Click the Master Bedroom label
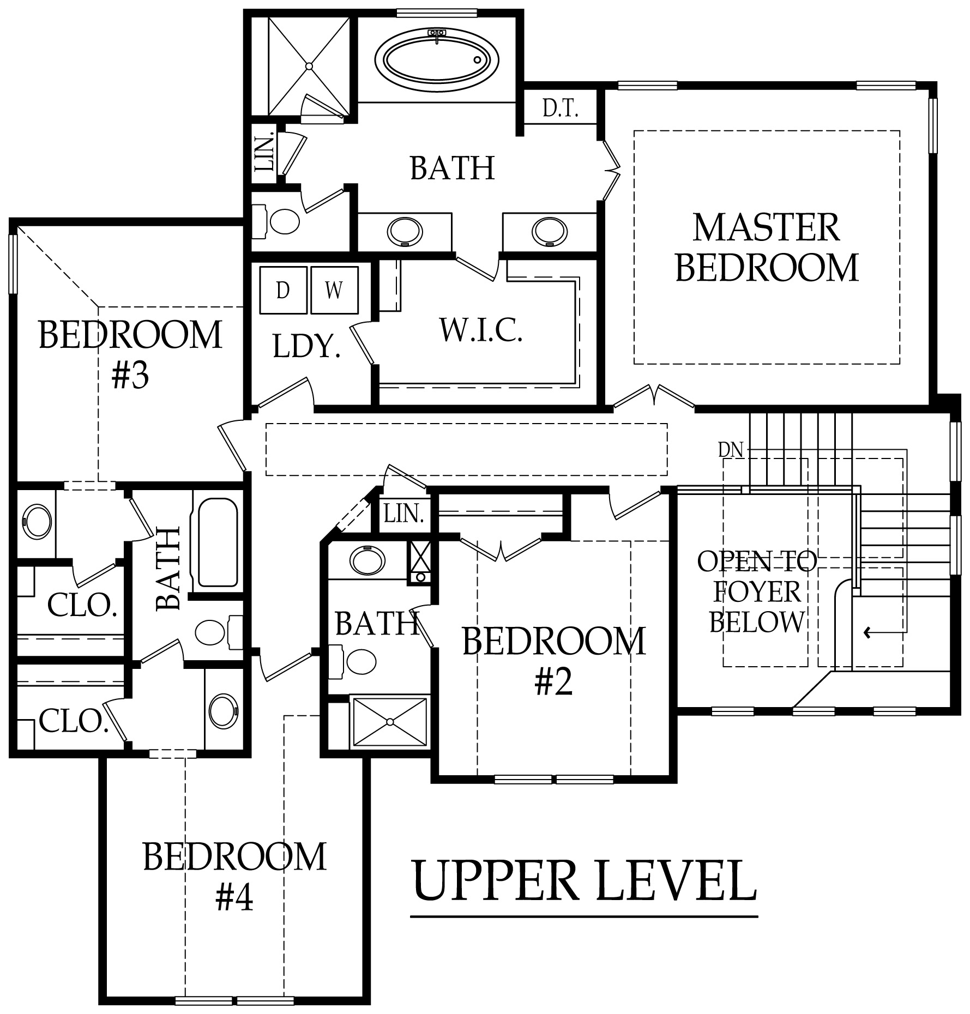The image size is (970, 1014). point(767,248)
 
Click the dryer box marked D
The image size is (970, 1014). point(282,290)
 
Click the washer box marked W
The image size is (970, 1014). point(334,290)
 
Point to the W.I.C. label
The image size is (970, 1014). point(481,330)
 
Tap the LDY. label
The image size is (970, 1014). point(306,347)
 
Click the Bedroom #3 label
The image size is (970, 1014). point(131,354)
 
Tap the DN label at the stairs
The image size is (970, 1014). point(731,450)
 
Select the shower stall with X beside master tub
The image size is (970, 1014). point(309,65)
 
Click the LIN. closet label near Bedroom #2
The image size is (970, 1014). point(404,514)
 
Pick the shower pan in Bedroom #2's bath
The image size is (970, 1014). point(389,722)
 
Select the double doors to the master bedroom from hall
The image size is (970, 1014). point(653,396)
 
